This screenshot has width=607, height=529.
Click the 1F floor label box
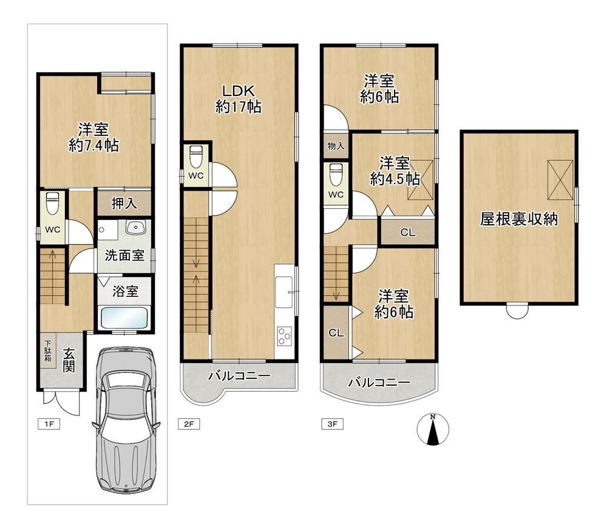coord(49,424)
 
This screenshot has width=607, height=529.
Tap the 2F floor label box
coord(189,424)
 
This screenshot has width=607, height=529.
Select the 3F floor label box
coord(332,424)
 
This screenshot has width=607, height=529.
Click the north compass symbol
coord(433,429)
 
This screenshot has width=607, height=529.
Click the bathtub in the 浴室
coord(124,318)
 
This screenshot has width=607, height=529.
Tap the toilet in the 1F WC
coord(53,203)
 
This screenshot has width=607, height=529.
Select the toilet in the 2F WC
coord(196,157)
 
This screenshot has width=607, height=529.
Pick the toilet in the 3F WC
coord(336,175)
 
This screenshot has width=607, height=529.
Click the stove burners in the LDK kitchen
coord(285,336)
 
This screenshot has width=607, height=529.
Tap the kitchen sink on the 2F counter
coord(283,292)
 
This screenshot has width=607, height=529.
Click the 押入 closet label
coord(124,203)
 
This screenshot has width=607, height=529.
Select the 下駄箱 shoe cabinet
coord(47,351)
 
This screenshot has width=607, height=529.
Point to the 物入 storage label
coord(336,146)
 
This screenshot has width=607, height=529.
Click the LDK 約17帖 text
coord(238,99)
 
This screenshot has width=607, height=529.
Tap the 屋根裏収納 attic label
coord(519,219)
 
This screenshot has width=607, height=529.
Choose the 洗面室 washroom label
coord(124,255)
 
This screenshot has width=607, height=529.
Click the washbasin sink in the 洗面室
coord(135,227)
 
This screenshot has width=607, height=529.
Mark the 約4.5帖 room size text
coord(395,179)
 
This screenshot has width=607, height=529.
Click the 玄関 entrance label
coord(69,360)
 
